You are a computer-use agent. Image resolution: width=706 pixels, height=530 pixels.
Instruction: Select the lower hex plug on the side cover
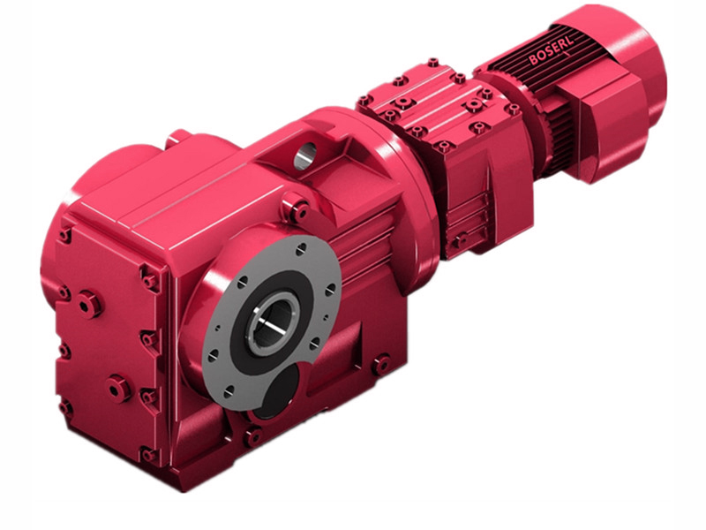coord(118,387)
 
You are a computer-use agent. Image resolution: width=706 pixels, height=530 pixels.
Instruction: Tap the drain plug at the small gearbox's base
coord(459,240)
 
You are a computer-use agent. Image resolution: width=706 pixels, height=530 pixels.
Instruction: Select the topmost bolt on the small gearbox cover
coord(432,64)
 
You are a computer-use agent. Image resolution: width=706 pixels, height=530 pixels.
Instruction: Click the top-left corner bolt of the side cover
coord(64,236)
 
